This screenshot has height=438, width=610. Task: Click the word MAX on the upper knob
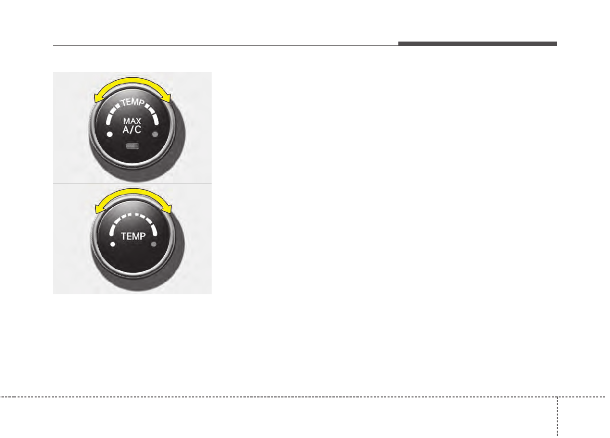pos(132,121)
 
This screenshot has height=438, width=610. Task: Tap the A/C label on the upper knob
pos(132,130)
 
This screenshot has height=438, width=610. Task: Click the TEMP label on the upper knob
pos(132,102)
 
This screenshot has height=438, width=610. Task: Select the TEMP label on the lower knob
pos(133,236)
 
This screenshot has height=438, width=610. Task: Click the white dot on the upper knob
pos(110,134)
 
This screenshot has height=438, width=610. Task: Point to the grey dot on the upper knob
pos(154,134)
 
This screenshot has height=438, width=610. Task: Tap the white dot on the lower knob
pos(113,244)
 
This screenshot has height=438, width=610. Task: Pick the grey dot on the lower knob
pos(153,244)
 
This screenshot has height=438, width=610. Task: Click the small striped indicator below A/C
pos(132,146)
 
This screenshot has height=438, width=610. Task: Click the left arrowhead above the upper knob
pos(97,98)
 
